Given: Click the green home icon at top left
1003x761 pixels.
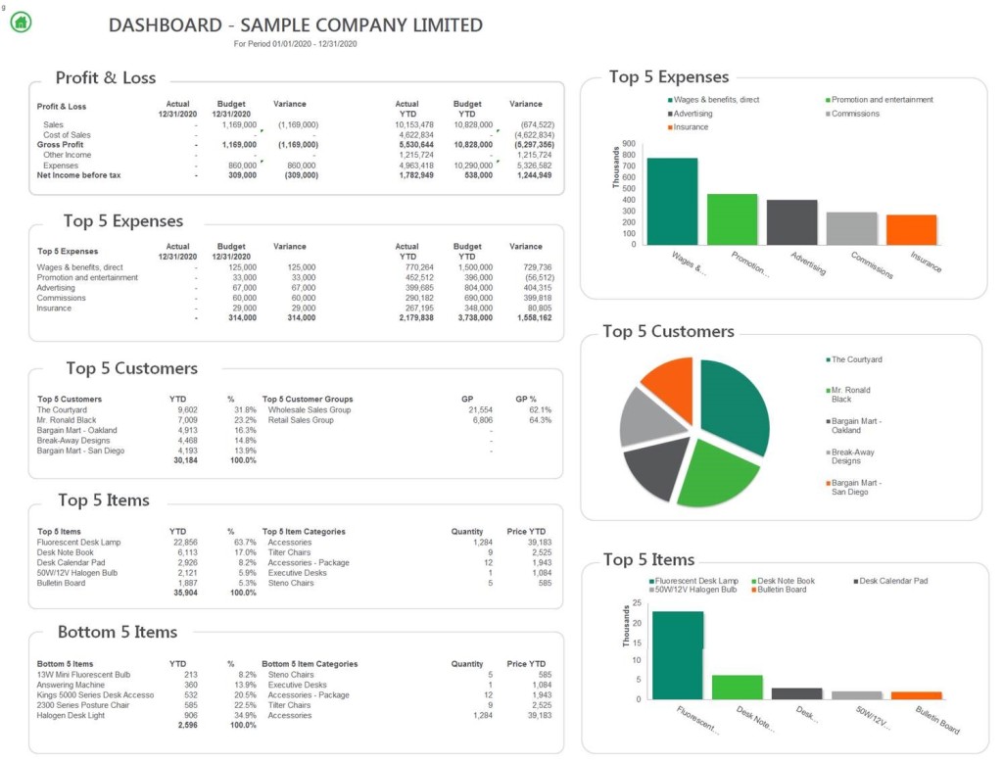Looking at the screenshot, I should click(x=21, y=22).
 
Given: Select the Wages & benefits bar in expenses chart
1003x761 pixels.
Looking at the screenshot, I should click(x=672, y=201).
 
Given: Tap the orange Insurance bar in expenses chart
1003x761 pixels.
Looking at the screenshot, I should click(x=911, y=229).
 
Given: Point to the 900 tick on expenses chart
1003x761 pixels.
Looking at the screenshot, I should click(x=628, y=144).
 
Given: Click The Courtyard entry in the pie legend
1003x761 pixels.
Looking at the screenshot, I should click(x=856, y=359).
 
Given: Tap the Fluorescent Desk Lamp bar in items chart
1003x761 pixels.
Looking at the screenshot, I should click(x=678, y=654).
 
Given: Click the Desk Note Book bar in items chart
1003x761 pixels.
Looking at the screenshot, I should click(x=737, y=687).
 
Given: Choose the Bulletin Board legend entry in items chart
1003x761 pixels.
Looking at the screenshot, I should click(x=781, y=590).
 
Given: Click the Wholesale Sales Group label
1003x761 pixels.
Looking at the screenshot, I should click(x=309, y=409).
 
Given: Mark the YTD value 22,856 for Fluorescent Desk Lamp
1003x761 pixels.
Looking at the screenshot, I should click(x=185, y=542).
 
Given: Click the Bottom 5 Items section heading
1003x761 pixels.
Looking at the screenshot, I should click(x=118, y=632).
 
